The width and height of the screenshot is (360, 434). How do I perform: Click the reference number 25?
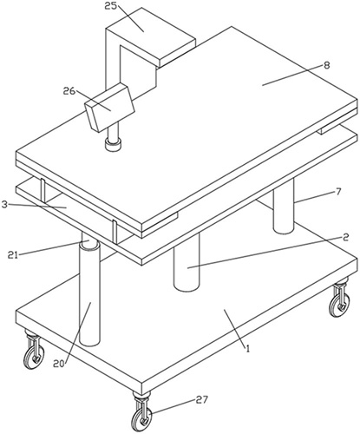pyautogui.click(x=110, y=6)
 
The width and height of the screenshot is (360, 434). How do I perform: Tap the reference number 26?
pyautogui.click(x=69, y=91)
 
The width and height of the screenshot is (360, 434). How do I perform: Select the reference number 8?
pyautogui.click(x=326, y=65)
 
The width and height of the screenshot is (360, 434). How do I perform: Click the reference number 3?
pyautogui.click(x=4, y=205)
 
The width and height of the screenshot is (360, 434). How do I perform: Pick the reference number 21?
pyautogui.click(x=13, y=255)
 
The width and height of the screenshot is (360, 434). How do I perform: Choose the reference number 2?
pyautogui.click(x=345, y=237)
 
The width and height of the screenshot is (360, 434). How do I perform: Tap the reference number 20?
pyautogui.click(x=59, y=364)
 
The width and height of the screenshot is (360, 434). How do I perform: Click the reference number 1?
pyautogui.click(x=247, y=348)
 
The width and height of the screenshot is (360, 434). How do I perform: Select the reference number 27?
pyautogui.click(x=202, y=400)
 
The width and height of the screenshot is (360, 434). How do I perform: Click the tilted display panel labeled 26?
pyautogui.click(x=110, y=108)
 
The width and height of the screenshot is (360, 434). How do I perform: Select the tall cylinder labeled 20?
pyautogui.click(x=89, y=293)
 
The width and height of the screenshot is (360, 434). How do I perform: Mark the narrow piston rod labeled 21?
pyautogui.click(x=87, y=238)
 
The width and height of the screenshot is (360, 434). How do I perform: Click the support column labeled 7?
pyautogui.click(x=284, y=206)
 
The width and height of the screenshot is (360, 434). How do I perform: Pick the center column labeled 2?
pyautogui.click(x=187, y=262)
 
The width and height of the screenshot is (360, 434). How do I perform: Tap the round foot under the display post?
pyautogui.click(x=114, y=144)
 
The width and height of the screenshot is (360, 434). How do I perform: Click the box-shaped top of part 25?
pyautogui.click(x=150, y=36)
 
